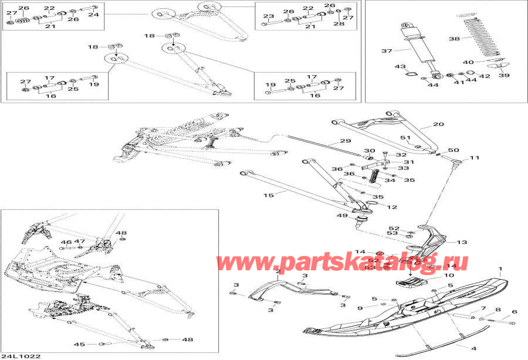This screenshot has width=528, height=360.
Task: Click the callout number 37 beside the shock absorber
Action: click(387, 51)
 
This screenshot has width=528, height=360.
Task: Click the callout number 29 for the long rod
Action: click(346, 141)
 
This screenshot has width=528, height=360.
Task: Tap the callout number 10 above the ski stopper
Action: click(449, 275)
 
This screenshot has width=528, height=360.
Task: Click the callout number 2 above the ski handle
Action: click(278, 273)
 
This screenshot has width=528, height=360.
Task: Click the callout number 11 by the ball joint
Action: click(474, 158)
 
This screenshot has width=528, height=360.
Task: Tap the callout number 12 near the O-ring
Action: click(392, 207)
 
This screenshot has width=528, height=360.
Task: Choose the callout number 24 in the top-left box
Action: click(93, 15)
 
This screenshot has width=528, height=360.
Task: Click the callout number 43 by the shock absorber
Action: click(400, 66)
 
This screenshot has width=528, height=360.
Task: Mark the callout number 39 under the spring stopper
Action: click(504, 75)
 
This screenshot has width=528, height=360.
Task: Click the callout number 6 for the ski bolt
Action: click(515, 312)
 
